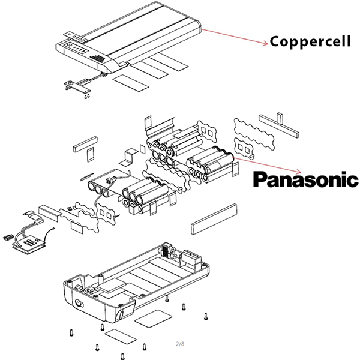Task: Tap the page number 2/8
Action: pyautogui.click(x=180, y=344)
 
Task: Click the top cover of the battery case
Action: pyautogui.click(x=144, y=30)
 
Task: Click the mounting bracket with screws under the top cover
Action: pyautogui.click(x=77, y=87)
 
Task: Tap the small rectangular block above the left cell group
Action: pyautogui.click(x=83, y=144)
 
